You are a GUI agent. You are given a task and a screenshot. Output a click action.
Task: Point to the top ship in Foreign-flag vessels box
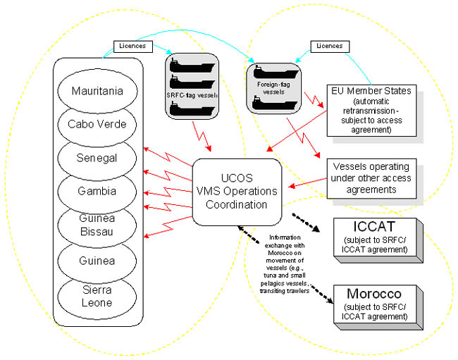point(268,73)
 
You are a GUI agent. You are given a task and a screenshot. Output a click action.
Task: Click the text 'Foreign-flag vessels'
point(268,87)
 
